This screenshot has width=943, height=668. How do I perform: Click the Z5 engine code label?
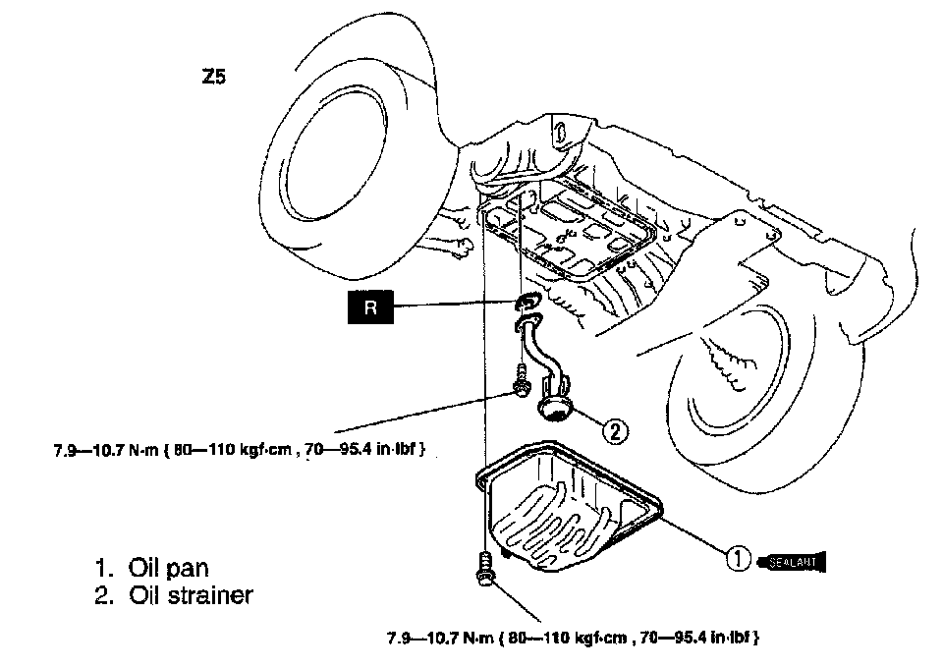tap(213, 76)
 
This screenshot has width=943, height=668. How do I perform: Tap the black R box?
tap(369, 307)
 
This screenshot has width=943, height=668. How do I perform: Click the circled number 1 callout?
tap(738, 559)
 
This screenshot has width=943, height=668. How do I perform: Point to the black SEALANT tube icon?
tap(796, 561)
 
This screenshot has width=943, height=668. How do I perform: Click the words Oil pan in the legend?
tap(169, 568)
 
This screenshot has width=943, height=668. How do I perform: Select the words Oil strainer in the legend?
tap(191, 595)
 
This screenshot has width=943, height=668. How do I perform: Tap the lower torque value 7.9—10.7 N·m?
tap(439, 637)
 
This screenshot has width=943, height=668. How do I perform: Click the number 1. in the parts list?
tap(104, 568)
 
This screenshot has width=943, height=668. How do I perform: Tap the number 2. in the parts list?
tap(104, 595)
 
